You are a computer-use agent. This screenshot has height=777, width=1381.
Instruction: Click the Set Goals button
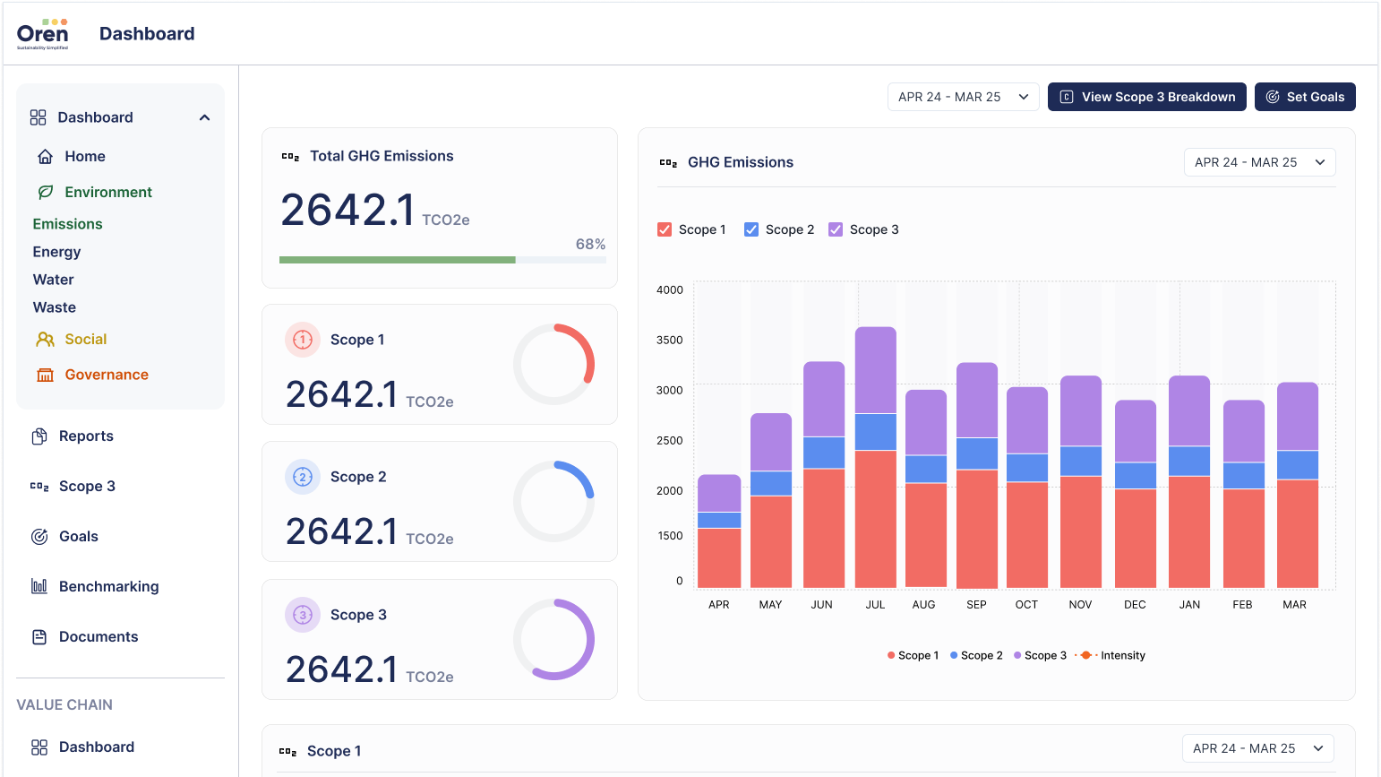coord(1305,97)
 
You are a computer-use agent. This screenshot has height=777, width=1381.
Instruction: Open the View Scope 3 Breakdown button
coord(1146,97)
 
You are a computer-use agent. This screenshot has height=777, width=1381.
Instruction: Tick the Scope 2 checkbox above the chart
coord(752,229)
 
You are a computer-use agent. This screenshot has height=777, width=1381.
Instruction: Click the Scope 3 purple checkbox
coord(836,229)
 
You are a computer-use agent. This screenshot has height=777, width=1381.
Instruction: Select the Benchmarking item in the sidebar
coord(108,586)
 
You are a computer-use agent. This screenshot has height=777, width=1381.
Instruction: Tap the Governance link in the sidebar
coord(106,375)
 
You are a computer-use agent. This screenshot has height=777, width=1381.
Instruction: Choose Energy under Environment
coord(56,252)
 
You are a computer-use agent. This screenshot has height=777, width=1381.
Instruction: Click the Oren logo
coord(42,34)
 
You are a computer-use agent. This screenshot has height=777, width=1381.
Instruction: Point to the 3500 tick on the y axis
coord(669,340)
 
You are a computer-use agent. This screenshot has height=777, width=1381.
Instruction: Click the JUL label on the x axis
coord(875,605)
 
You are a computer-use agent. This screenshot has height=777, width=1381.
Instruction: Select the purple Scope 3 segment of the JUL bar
coord(876,369)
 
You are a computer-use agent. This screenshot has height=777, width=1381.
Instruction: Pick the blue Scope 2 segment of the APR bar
coord(719,520)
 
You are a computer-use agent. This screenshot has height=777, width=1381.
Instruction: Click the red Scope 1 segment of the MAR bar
coord(1298,533)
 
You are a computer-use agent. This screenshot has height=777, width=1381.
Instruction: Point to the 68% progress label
coord(590,244)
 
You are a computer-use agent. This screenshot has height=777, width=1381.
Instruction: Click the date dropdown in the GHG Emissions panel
coord(1259,162)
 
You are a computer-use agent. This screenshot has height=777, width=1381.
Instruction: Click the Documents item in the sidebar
coord(98,636)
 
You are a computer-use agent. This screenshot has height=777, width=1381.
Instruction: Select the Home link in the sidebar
coord(84,156)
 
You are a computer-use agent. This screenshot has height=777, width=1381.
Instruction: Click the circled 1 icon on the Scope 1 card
coord(303,340)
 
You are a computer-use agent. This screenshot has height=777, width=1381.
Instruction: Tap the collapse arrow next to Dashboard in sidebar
coord(204,117)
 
